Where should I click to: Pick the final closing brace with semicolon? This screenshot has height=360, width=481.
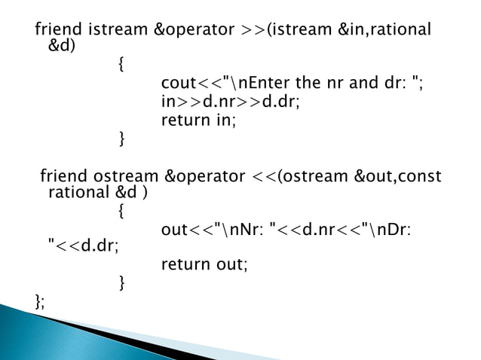click(40, 302)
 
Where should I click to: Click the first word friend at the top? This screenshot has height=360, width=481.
click(59, 30)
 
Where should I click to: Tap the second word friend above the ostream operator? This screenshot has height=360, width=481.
click(63, 177)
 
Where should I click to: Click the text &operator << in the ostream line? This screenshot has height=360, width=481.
click(219, 177)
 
